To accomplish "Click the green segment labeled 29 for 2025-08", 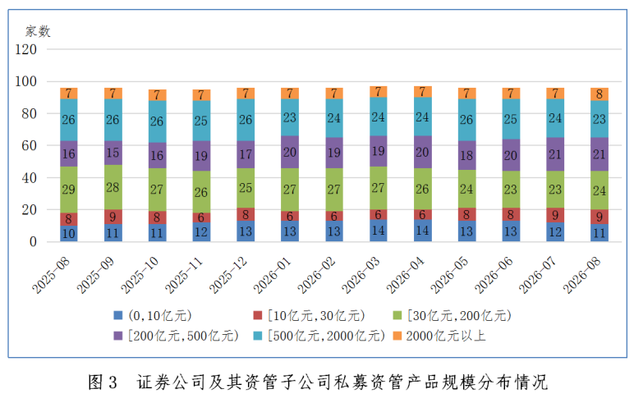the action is [69, 190].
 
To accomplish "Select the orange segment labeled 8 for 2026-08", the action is [600, 94].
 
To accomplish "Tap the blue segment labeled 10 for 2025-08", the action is [69, 234].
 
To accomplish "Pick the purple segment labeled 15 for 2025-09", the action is [113, 153].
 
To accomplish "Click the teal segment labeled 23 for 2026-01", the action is [290, 117].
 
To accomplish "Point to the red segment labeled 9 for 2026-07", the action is [555, 215].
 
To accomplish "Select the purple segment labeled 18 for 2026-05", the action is [466, 155].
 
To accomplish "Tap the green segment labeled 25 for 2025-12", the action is [246, 188].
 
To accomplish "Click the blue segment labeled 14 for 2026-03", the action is [378, 231].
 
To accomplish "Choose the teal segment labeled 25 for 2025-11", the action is [201, 121].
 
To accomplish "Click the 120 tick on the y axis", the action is [26, 49].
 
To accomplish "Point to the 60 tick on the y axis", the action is [29, 145].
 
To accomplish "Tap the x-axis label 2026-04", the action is [405, 275].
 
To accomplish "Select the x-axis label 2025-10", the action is [140, 275].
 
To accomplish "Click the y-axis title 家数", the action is [38, 31].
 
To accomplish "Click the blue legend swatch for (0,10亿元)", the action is [117, 315].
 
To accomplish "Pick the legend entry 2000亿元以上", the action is [446, 336].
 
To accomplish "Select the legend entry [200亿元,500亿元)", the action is [183, 336].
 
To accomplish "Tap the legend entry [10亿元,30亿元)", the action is [316, 315].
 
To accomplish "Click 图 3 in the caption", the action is [103, 382].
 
